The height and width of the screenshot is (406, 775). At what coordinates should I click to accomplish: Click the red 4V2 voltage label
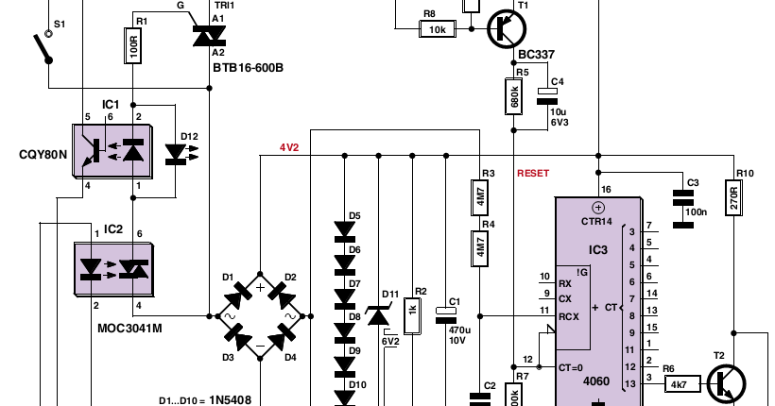click(288, 148)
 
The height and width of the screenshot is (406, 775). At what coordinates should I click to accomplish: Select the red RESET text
click(532, 173)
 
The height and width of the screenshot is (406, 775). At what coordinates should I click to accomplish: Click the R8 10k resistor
click(438, 30)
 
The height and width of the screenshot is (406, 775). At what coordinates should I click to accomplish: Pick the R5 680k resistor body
click(514, 95)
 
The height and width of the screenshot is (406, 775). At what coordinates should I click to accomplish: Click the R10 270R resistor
click(733, 198)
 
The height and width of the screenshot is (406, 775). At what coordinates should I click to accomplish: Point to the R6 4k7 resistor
click(678, 384)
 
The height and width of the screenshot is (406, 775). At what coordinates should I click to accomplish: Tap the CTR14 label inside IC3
click(597, 220)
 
